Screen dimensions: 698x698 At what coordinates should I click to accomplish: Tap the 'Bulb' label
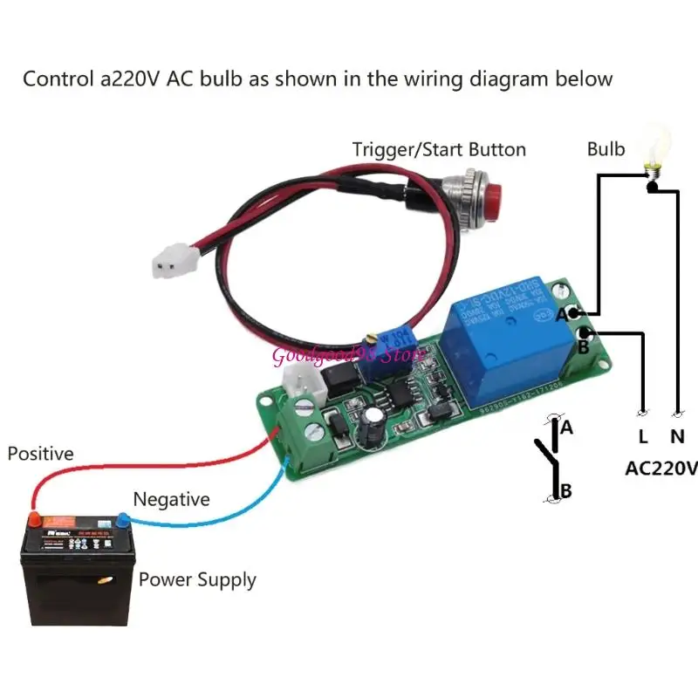coord(606,149)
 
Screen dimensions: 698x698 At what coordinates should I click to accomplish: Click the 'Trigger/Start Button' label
coord(439,149)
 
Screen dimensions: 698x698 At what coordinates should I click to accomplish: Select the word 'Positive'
coord(41,454)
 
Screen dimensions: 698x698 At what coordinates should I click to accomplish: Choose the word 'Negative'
coord(171,500)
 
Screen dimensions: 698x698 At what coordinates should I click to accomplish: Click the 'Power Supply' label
coord(197,579)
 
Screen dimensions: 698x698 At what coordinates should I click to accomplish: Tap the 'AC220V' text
coord(661,469)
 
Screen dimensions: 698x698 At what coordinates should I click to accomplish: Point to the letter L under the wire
coord(642,435)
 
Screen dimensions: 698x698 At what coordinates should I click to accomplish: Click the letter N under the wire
coord(677,435)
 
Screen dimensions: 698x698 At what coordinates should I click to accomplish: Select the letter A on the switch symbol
coord(566,428)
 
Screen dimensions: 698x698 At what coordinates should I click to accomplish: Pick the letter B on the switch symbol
coord(565,491)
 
